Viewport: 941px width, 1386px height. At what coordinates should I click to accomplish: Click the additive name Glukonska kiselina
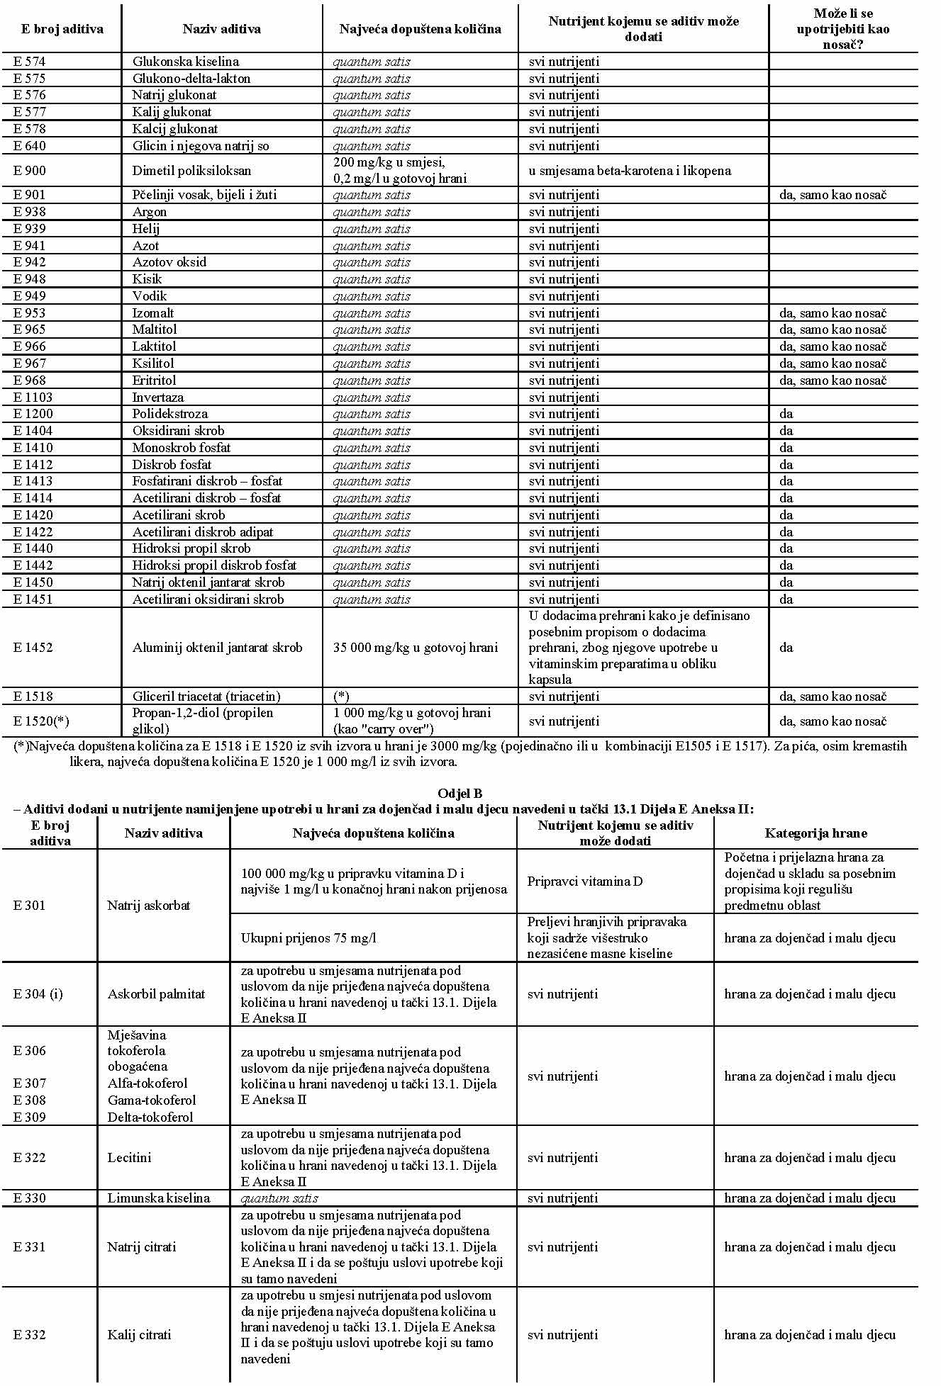click(x=185, y=62)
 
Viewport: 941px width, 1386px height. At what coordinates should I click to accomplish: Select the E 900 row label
click(x=29, y=171)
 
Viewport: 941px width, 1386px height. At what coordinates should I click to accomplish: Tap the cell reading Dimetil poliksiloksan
click(x=191, y=171)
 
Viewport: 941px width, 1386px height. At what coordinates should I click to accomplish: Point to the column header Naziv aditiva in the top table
click(x=221, y=29)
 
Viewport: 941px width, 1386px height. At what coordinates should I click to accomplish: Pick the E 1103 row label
click(x=33, y=398)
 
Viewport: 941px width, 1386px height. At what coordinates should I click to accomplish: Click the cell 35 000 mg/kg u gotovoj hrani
click(x=416, y=648)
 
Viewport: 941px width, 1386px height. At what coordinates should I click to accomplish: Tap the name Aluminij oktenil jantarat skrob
click(x=217, y=648)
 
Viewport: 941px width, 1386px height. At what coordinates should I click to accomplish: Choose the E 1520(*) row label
click(x=41, y=721)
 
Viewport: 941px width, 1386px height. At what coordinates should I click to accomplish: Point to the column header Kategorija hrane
click(x=815, y=833)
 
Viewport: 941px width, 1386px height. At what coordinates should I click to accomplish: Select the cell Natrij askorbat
click(x=149, y=906)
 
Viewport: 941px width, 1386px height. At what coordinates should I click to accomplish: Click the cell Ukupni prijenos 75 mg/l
click(x=308, y=938)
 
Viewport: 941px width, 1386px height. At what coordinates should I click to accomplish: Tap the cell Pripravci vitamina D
click(x=585, y=881)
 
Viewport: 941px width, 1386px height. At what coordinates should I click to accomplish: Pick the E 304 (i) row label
click(x=38, y=994)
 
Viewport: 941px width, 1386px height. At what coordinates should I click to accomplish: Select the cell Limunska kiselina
click(x=159, y=1198)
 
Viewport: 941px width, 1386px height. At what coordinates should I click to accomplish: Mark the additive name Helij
click(x=145, y=229)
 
